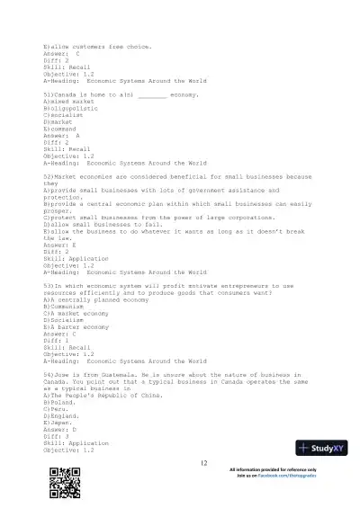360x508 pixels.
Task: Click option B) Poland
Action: click(58, 402)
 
